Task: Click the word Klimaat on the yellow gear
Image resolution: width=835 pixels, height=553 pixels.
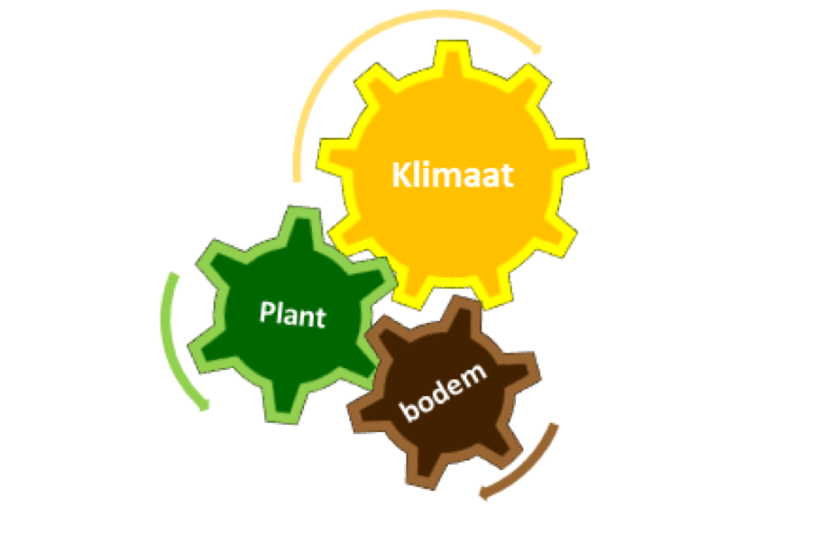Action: click(x=453, y=174)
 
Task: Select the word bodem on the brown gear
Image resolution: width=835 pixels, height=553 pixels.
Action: click(x=443, y=392)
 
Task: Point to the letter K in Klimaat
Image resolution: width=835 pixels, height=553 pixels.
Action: click(x=401, y=174)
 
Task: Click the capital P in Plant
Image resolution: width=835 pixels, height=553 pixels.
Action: click(x=267, y=312)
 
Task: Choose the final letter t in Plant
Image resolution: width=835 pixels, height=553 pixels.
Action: click(x=321, y=318)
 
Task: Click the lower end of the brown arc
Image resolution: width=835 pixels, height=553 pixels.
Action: click(x=483, y=493)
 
